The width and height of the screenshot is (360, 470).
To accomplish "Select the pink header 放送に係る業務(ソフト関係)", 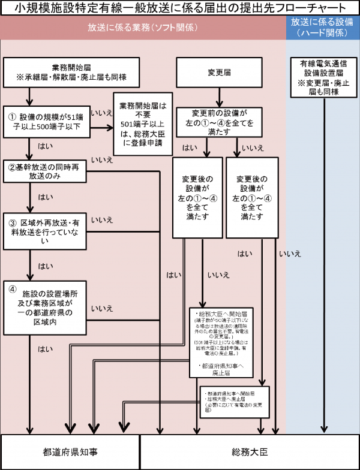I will tap(143, 28).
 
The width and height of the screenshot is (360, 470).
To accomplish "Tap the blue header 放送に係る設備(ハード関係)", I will tap(322, 28).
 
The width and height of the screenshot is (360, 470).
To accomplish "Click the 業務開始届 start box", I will tap(71, 73).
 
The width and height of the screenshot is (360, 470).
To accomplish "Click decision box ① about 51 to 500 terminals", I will tap(46, 122).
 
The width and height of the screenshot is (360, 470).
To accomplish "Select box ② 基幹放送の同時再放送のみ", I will tap(46, 171).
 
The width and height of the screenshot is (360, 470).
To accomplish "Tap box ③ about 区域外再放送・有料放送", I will tap(46, 229).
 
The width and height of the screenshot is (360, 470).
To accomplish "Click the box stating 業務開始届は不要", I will tap(142, 122).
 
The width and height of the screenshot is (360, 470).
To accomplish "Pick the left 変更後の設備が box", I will tap(198, 197).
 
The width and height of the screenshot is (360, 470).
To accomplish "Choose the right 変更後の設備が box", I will tap(252, 197).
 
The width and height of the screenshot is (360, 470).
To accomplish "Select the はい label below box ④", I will tap(44, 348).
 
